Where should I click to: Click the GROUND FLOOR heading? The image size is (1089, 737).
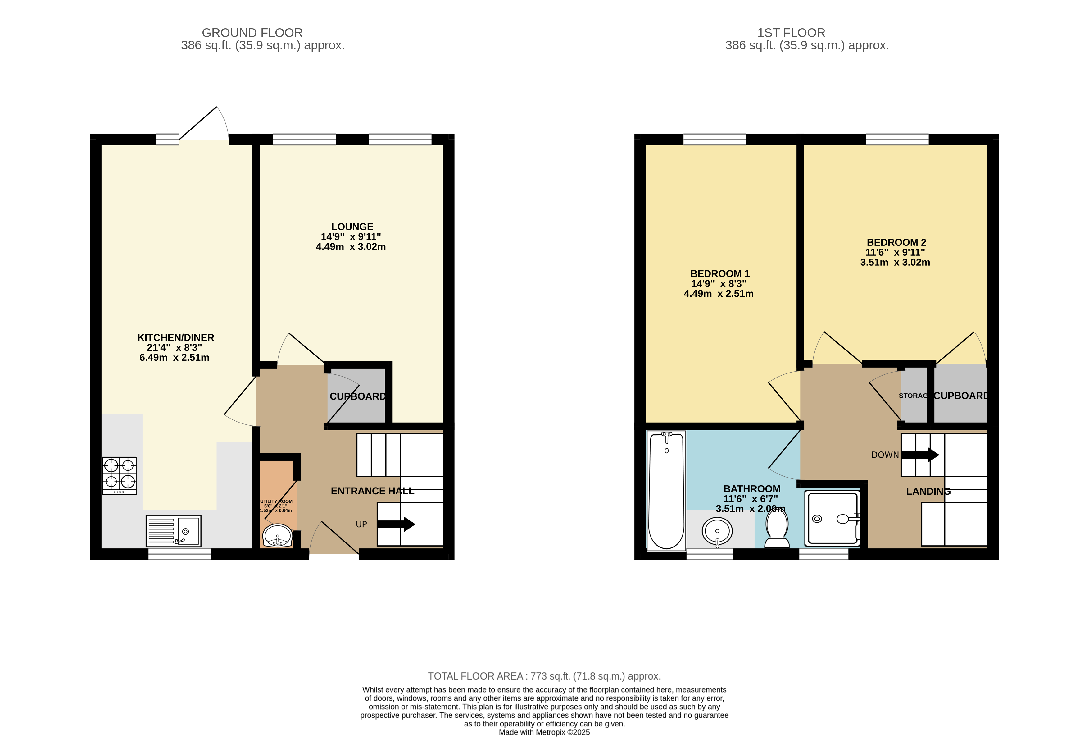click(252, 33)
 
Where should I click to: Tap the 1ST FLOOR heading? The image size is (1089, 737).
click(791, 33)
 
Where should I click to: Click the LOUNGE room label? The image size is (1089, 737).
click(352, 227)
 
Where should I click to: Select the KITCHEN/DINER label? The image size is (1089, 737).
click(176, 337)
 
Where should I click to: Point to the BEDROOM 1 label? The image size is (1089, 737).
click(720, 274)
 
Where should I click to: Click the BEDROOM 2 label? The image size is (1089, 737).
click(896, 242)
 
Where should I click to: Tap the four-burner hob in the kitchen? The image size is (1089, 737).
click(120, 475)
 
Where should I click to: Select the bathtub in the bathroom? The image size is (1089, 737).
click(666, 490)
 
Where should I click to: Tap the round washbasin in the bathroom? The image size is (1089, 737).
click(717, 531)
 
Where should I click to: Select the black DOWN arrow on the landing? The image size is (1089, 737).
click(919, 455)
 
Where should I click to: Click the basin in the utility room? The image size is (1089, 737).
click(277, 535)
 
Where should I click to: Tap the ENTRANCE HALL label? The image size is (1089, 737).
click(373, 491)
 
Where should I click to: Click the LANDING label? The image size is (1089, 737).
click(928, 491)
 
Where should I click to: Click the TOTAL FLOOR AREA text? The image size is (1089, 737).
click(544, 676)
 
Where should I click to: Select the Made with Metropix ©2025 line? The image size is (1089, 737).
click(544, 732)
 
